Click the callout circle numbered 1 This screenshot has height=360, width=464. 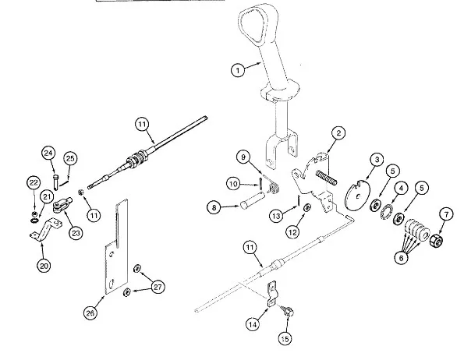pyautogui.click(x=238, y=70)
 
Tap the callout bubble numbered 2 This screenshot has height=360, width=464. pyautogui.click(x=338, y=133)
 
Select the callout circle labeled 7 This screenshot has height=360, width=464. pyautogui.click(x=446, y=214)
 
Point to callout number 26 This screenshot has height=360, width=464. pyautogui.click(x=90, y=312)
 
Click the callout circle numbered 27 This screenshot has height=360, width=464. pyautogui.click(x=158, y=287)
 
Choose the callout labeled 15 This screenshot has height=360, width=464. pyautogui.click(x=285, y=339)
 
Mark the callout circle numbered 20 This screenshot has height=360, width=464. pyautogui.click(x=44, y=266)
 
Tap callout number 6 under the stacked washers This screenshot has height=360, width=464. pyautogui.click(x=402, y=257)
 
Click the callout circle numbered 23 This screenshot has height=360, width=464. pyautogui.click(x=76, y=233)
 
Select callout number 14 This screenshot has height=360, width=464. pyautogui.click(x=253, y=324)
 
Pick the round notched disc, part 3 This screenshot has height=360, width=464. pyautogui.click(x=357, y=195)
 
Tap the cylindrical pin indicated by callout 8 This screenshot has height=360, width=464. pyautogui.click(x=252, y=200)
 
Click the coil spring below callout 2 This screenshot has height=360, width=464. pyautogui.click(x=326, y=177)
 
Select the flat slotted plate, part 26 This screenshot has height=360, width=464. pyautogui.click(x=117, y=246)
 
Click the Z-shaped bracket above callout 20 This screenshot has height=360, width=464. pyautogui.click(x=46, y=229)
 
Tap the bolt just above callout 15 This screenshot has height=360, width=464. pyautogui.click(x=289, y=311)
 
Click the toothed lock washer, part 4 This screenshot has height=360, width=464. pyautogui.click(x=386, y=212)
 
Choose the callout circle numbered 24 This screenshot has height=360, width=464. pyautogui.click(x=48, y=153)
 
